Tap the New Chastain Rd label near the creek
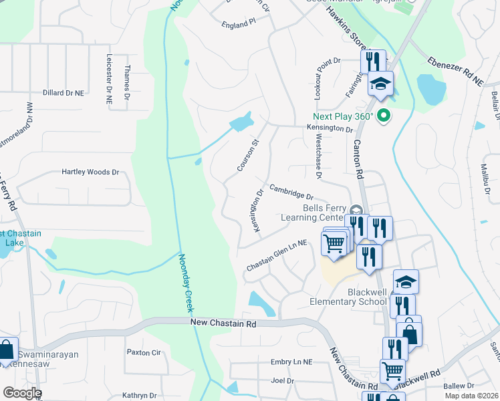point(223,323)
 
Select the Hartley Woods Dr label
point(90,172)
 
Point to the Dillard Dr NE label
point(64,93)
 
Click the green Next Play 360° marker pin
point(383,116)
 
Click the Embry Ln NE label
point(291,362)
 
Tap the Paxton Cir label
point(144,352)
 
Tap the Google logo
point(21,393)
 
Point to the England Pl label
point(239,23)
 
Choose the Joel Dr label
point(282,381)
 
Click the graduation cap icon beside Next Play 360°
point(380,84)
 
